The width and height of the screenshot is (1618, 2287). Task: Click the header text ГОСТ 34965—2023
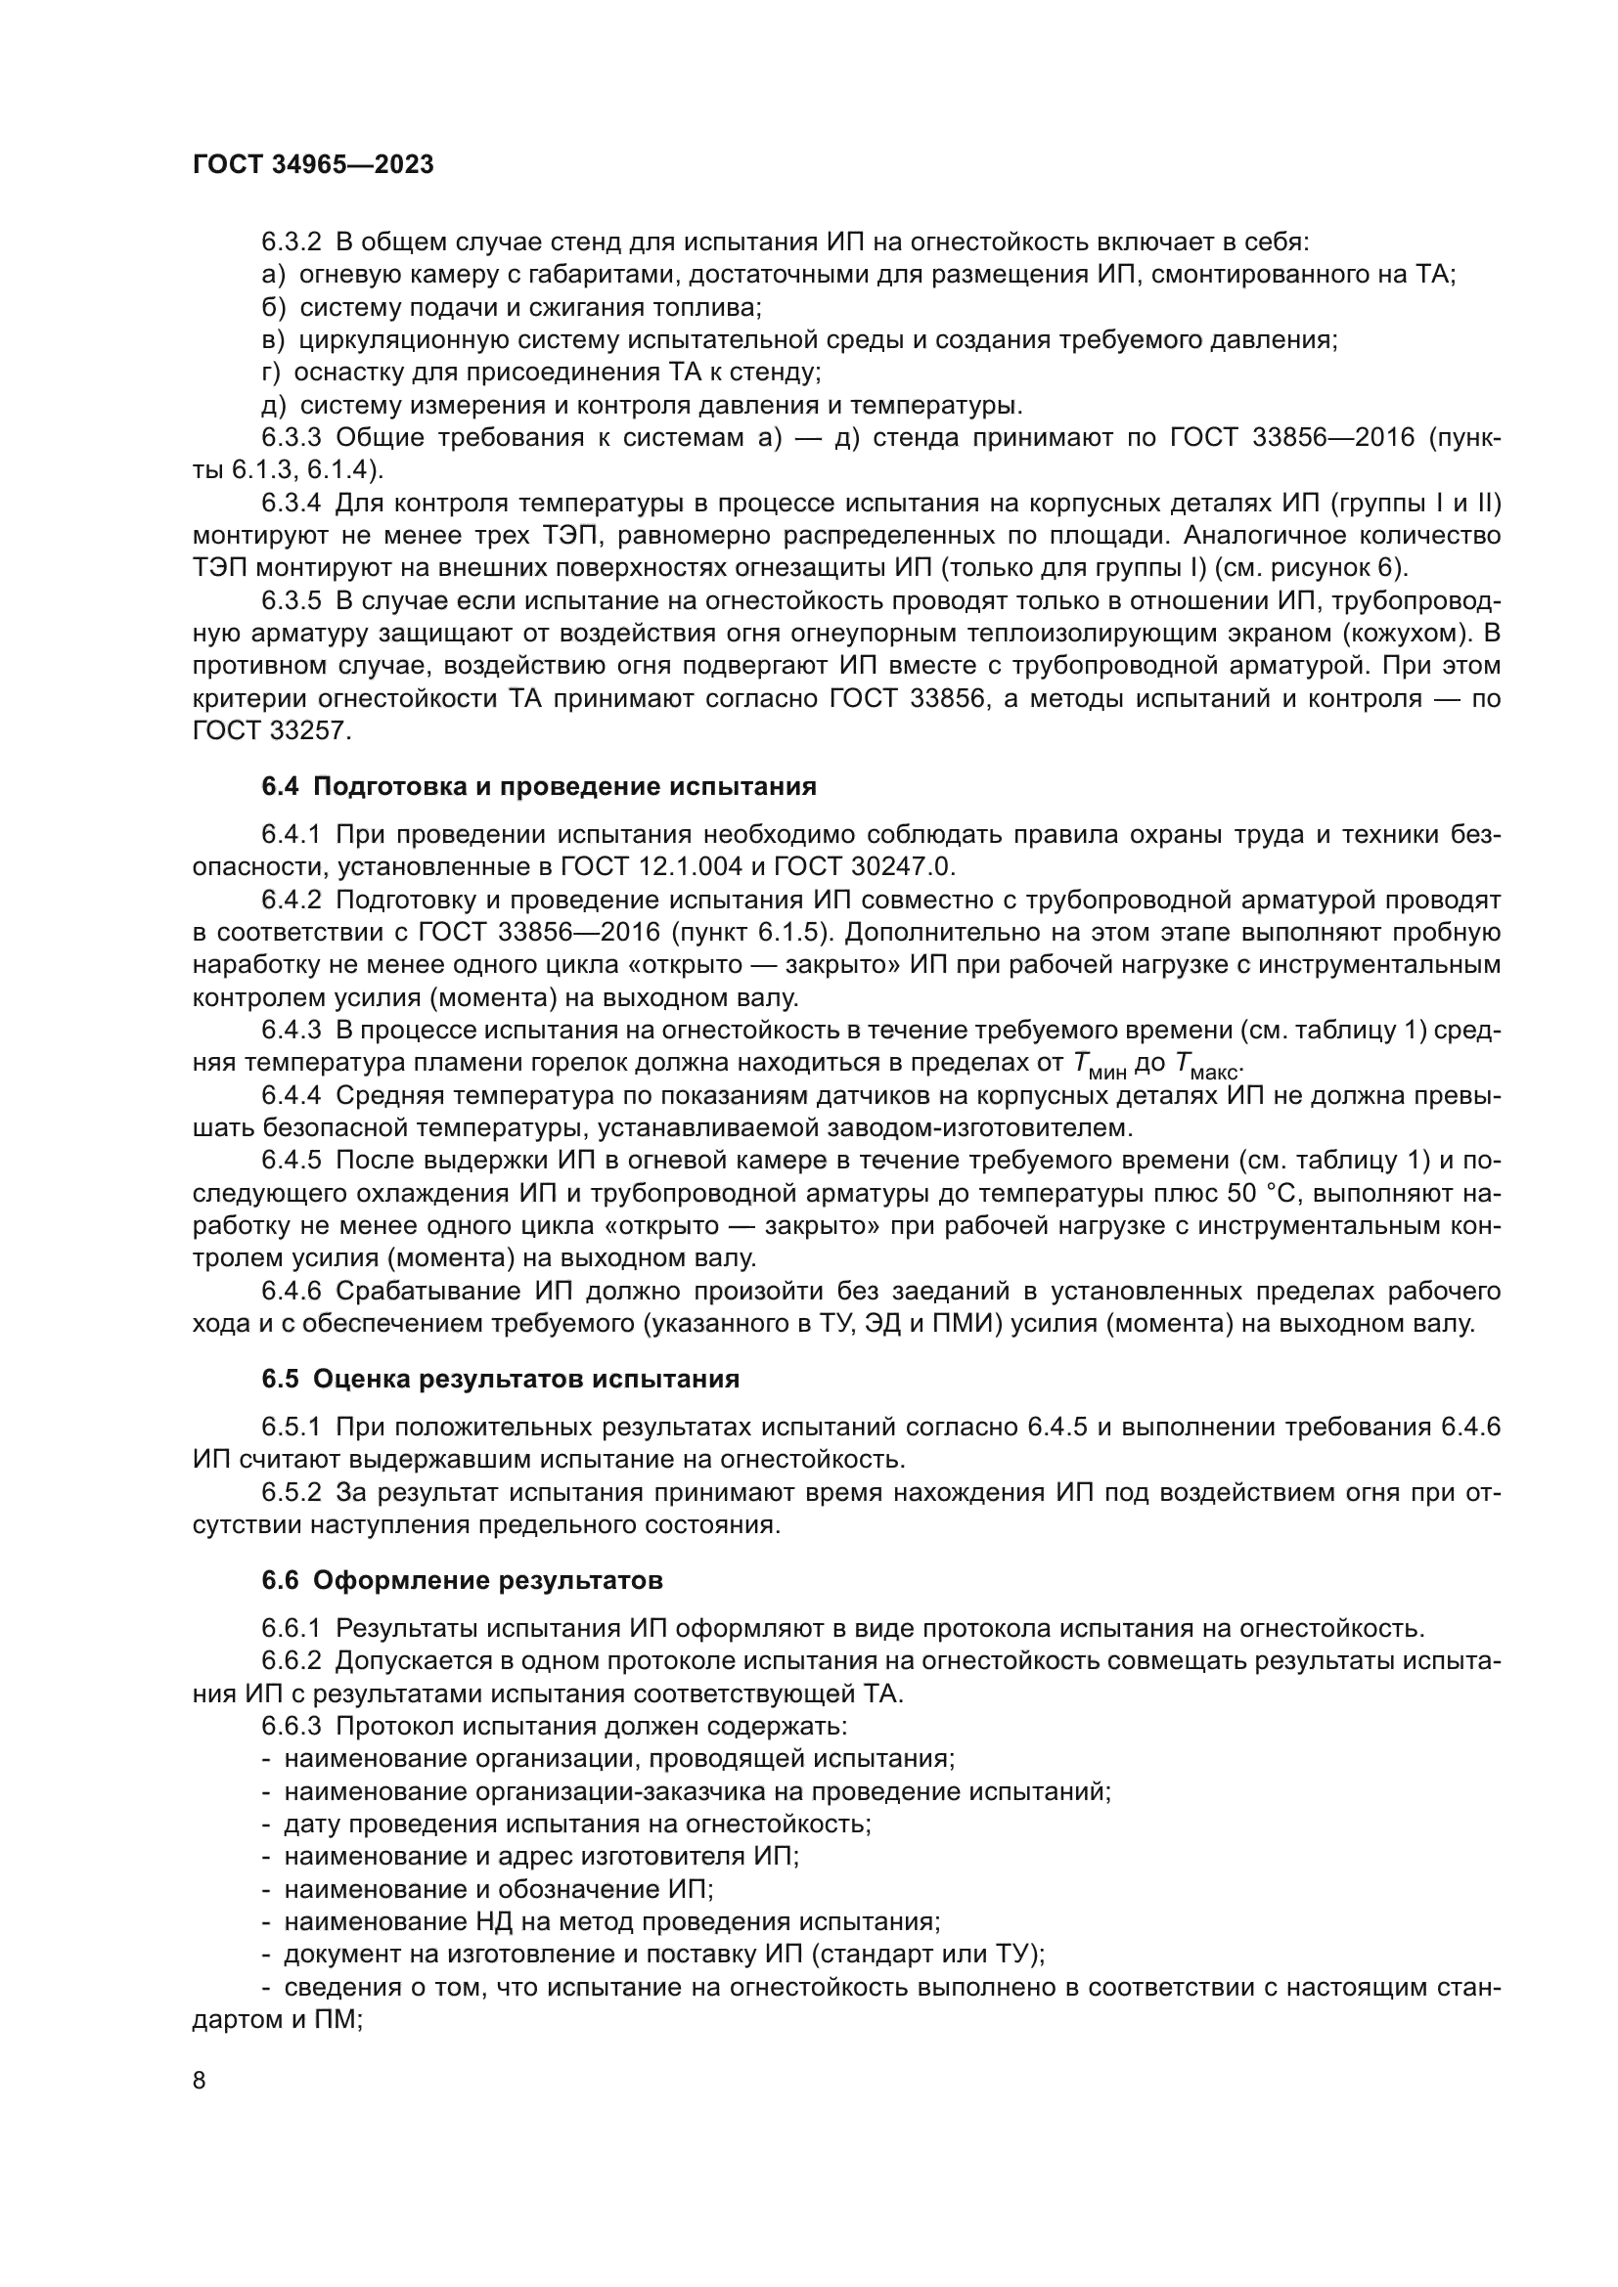pos(313,165)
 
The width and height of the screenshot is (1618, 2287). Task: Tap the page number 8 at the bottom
pos(200,2080)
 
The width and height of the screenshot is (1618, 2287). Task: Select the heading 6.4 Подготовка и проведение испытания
pos(539,786)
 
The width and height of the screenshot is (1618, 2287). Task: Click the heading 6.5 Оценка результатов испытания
pos(500,1379)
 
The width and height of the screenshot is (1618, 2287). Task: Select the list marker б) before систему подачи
pos(273,308)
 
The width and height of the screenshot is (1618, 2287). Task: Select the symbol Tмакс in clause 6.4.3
pos(1206,1066)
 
